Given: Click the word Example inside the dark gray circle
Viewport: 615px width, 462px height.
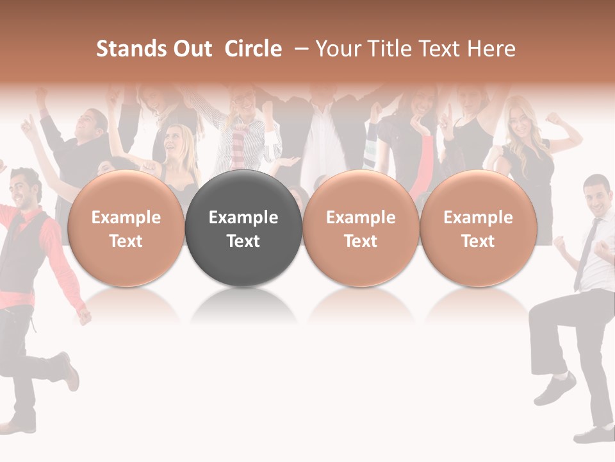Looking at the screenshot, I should point(243,218).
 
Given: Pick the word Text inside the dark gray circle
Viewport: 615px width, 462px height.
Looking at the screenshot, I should point(243,241).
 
